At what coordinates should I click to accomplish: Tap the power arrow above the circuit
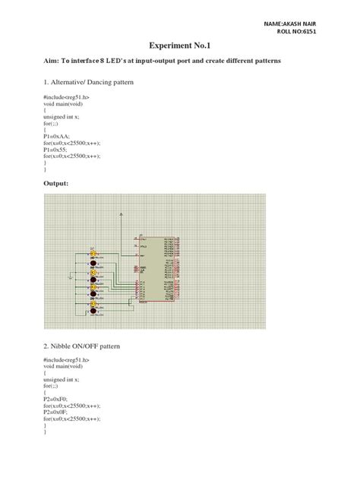(x=122, y=216)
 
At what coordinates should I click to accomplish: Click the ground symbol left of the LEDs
(x=71, y=279)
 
